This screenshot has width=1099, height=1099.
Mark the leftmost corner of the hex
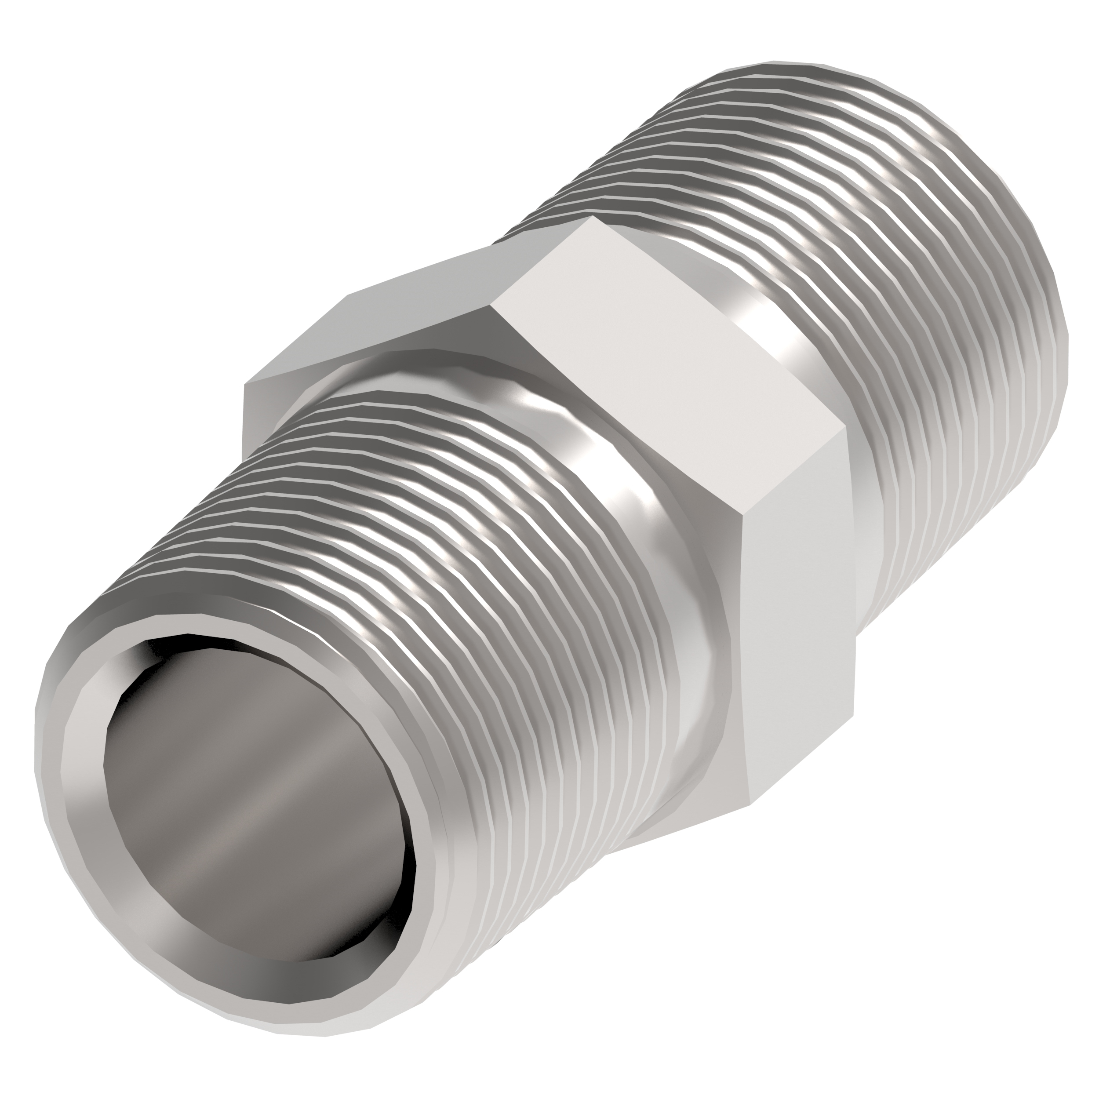[244, 385]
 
